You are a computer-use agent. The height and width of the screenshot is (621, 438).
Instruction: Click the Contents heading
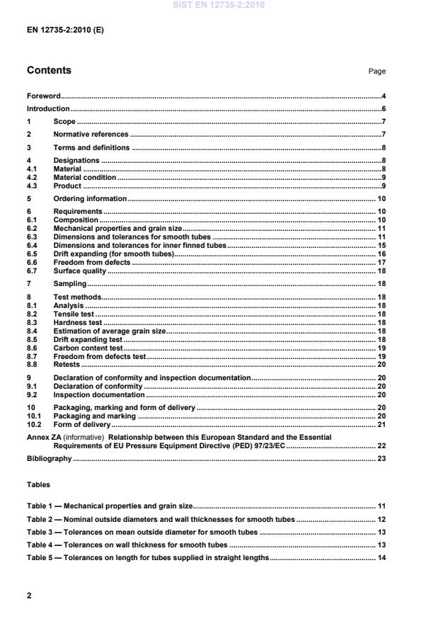49,71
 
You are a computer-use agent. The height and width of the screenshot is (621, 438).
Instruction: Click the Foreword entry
43,95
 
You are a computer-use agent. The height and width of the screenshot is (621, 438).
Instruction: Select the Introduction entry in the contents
48,108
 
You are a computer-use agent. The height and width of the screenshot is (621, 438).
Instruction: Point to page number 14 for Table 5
381,558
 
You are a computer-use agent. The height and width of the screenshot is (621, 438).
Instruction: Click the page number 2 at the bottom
29,596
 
